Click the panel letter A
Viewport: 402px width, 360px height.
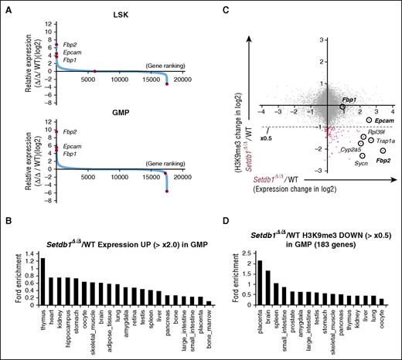click(5, 7)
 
